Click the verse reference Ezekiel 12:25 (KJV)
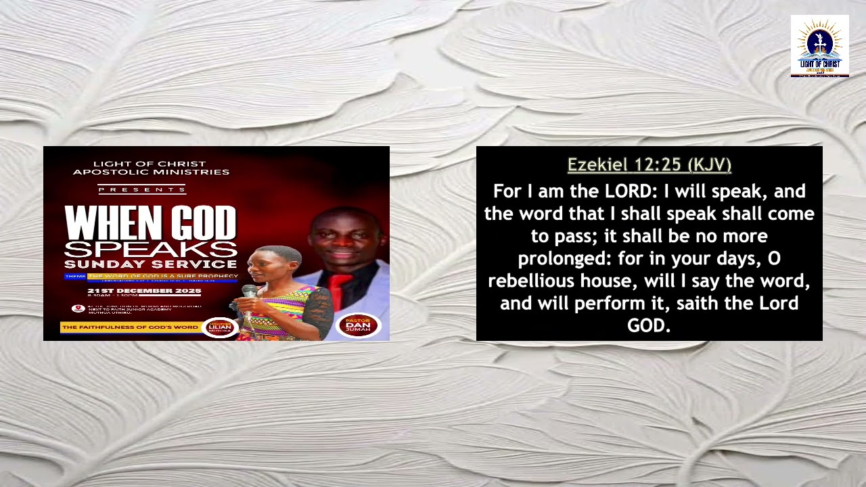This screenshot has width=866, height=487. coord(649,165)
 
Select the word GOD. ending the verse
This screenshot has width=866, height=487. coord(649,325)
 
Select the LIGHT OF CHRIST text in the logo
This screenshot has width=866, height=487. coord(819,64)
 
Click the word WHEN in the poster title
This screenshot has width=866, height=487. coord(105,223)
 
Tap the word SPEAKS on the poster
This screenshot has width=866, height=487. coord(150,248)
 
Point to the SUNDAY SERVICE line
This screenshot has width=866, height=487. coord(150,264)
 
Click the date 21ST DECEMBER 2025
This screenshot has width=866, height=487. coord(144,291)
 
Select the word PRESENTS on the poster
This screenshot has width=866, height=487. coord(141,189)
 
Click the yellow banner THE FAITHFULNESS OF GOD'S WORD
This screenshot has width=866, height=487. coord(129,327)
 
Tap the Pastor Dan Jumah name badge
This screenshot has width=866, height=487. coord(358,326)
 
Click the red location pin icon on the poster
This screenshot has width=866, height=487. coord(78,308)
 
